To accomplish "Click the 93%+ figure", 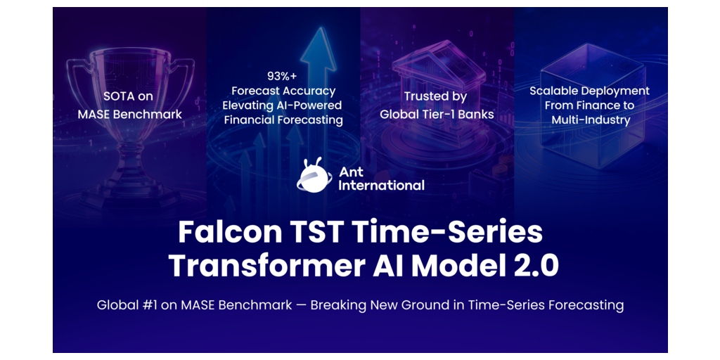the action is [x=283, y=76].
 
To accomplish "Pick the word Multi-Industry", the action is [x=590, y=120].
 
